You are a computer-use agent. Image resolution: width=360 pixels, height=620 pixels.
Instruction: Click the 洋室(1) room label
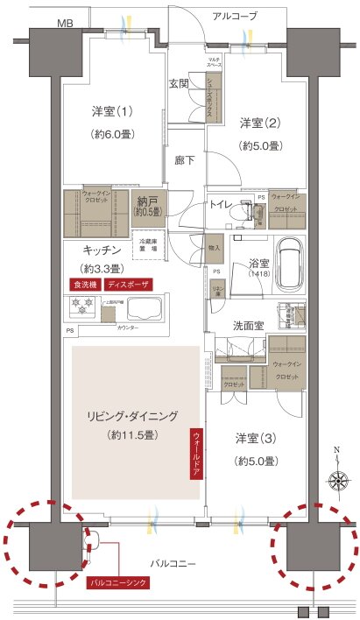point(112,112)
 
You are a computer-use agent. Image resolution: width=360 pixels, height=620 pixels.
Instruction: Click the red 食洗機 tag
point(85,285)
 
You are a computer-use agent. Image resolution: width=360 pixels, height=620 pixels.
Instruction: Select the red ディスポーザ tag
point(129,285)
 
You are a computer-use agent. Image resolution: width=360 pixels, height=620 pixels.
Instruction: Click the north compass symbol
point(337,479)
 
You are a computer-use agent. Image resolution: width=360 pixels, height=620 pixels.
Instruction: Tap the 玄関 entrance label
point(180,84)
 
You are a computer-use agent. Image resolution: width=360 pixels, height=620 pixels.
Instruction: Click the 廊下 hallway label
point(184,160)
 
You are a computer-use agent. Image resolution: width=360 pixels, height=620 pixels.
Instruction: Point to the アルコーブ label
point(236,16)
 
